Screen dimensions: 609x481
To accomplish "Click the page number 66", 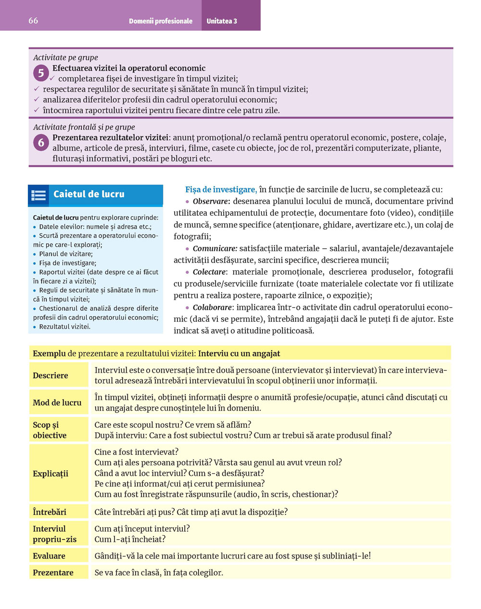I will click(x=33, y=21).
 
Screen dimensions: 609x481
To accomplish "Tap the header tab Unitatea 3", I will click(x=222, y=21).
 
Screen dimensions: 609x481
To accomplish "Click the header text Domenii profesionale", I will click(x=161, y=21).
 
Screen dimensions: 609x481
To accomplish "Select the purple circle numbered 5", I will click(x=41, y=73).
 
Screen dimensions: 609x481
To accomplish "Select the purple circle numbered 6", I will click(x=41, y=143).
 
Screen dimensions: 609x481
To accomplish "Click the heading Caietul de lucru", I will click(x=89, y=195).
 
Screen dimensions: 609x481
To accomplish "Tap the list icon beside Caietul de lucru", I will click(x=38, y=195).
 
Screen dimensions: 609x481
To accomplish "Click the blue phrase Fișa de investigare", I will click(x=221, y=190).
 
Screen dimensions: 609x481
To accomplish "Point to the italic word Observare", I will click(x=211, y=202).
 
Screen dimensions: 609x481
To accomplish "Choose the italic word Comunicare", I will click(x=215, y=249).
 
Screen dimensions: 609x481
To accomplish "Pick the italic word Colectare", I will click(x=210, y=272).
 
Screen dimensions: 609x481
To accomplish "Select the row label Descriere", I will click(x=51, y=376).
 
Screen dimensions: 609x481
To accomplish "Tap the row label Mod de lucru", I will click(x=57, y=402).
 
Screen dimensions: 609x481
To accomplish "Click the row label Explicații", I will click(x=51, y=474).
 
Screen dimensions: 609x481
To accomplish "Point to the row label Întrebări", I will click(x=50, y=512).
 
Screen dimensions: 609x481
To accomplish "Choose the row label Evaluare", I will click(x=49, y=556).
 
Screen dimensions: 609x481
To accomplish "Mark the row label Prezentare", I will click(x=53, y=572).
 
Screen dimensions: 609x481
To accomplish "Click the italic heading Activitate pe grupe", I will click(x=65, y=58).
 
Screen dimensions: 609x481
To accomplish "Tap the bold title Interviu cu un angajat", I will click(x=239, y=353).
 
